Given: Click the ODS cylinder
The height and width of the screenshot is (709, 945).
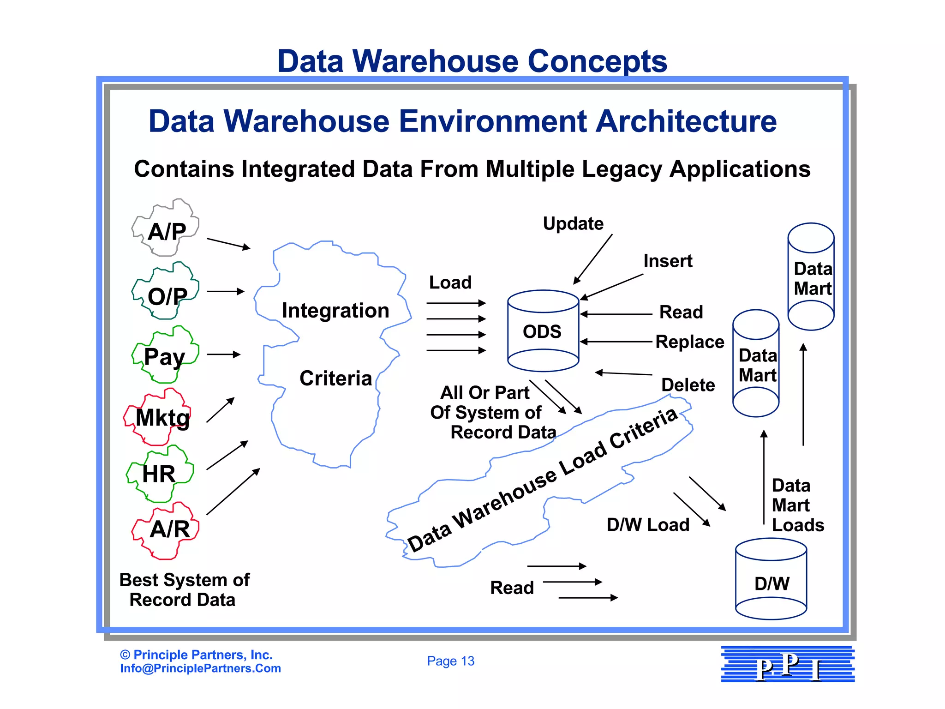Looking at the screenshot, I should pyautogui.click(x=543, y=331).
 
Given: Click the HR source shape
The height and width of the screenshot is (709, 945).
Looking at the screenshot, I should pyautogui.click(x=159, y=474).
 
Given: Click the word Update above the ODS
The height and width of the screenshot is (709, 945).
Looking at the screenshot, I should pyautogui.click(x=573, y=223).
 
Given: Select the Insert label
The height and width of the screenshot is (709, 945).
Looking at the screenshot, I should pyautogui.click(x=668, y=261).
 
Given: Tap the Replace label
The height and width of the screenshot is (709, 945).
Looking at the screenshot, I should pyautogui.click(x=689, y=342).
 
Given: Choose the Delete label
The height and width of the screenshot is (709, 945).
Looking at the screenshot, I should pyautogui.click(x=688, y=385).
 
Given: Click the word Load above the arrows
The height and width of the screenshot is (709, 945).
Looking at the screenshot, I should pyautogui.click(x=450, y=282).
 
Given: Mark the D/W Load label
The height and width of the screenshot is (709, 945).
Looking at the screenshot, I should pyautogui.click(x=648, y=525).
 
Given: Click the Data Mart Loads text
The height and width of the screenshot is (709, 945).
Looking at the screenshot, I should pyautogui.click(x=797, y=505).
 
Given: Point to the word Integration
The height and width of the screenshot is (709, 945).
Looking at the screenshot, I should pyautogui.click(x=335, y=311).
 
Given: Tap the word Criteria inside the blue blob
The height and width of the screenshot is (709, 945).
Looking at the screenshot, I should pyautogui.click(x=335, y=379).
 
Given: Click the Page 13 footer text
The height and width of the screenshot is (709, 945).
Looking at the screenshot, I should pyautogui.click(x=450, y=661).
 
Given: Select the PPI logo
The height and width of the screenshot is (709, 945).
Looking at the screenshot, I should pyautogui.click(x=788, y=665).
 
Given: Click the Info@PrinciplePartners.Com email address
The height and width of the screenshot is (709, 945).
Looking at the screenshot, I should pyautogui.click(x=200, y=668).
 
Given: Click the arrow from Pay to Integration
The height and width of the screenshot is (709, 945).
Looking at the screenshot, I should pyautogui.click(x=224, y=354).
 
